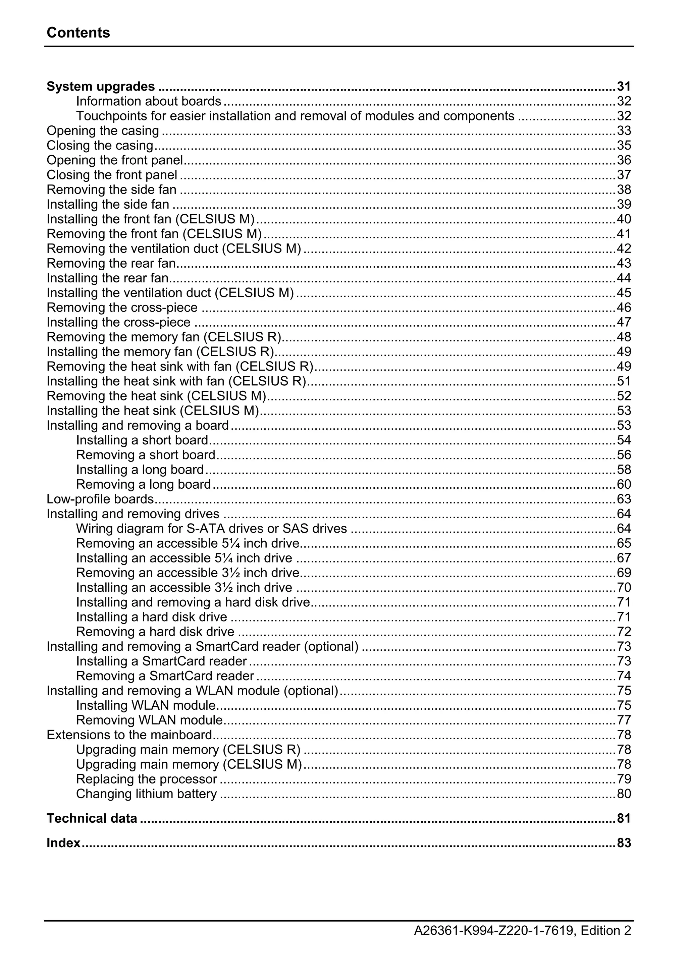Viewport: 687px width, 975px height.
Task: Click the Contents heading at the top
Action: [78, 33]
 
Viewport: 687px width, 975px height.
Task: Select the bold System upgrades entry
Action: [101, 87]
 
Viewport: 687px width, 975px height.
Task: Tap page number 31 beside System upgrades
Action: [624, 87]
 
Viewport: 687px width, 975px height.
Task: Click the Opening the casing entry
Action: [103, 131]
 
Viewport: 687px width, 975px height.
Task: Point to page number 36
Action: [624, 160]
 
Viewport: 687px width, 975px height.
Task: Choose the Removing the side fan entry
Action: [111, 189]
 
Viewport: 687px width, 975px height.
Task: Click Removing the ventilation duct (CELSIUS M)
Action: [174, 249]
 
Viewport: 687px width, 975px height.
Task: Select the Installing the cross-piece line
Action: [118, 322]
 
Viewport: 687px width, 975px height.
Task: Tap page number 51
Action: [624, 381]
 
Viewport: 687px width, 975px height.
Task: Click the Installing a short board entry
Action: [142, 440]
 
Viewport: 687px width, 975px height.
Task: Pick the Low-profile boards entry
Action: [100, 499]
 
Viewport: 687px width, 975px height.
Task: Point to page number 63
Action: [624, 499]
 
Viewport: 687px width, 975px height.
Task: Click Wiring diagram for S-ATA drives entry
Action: [211, 529]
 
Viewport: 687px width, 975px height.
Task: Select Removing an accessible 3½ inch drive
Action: [188, 573]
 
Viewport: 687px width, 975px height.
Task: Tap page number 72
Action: [624, 632]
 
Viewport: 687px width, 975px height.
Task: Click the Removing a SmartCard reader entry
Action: [165, 676]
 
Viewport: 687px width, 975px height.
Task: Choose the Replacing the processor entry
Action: [147, 779]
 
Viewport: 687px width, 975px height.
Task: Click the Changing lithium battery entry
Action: [147, 794]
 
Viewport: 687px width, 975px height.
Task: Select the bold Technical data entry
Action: [92, 819]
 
